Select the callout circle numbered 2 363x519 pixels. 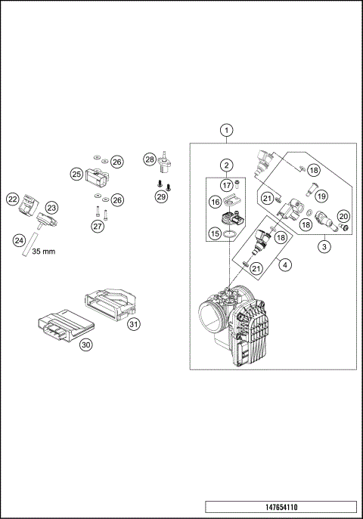(226, 165)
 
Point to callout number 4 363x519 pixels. (284, 264)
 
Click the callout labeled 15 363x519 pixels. (215, 234)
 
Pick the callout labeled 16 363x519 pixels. (215, 202)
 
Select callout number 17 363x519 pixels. (226, 184)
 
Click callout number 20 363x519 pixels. (343, 216)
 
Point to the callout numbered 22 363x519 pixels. (12, 199)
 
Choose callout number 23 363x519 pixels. (51, 207)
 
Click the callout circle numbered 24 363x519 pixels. (19, 239)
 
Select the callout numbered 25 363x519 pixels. (76, 174)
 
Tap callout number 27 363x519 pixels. (96, 225)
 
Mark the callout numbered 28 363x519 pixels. (150, 159)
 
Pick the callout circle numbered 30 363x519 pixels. (85, 344)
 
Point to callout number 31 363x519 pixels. (134, 324)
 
